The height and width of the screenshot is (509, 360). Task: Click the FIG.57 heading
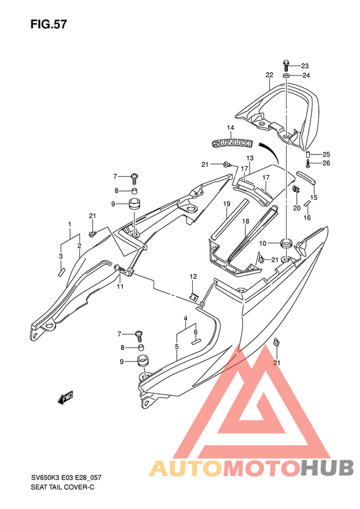(x=49, y=24)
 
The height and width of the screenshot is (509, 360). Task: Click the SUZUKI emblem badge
(x=232, y=143)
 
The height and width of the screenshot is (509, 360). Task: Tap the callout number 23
(x=305, y=66)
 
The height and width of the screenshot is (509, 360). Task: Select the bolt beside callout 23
(x=286, y=66)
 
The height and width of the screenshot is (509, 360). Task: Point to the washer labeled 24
(x=286, y=76)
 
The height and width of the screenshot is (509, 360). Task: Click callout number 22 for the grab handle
(x=269, y=75)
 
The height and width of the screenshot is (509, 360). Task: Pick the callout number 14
(x=230, y=127)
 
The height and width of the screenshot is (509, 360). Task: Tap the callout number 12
(x=194, y=277)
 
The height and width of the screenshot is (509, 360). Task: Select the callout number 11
(x=120, y=286)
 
